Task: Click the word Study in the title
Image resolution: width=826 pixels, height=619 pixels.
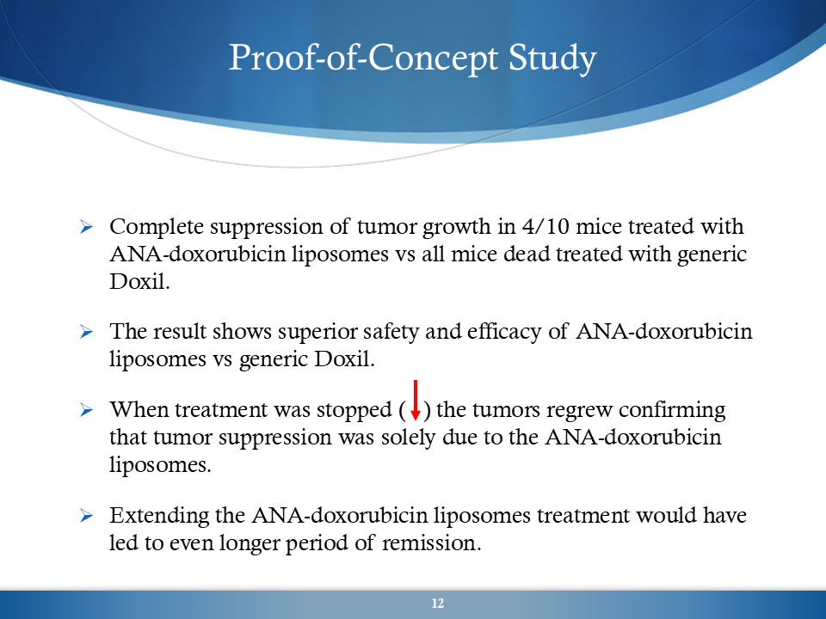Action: point(552,58)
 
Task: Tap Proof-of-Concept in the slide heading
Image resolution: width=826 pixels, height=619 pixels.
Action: point(363,58)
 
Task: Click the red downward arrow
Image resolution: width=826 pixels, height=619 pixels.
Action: point(416,401)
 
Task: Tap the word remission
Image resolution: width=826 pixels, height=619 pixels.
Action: point(431,543)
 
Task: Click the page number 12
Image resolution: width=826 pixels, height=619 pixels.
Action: point(438,604)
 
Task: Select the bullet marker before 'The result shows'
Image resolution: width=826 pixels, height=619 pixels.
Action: point(86,332)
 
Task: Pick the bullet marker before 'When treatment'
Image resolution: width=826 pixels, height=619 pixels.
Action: point(86,409)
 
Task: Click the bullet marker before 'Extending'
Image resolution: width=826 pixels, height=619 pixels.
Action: point(86,515)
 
